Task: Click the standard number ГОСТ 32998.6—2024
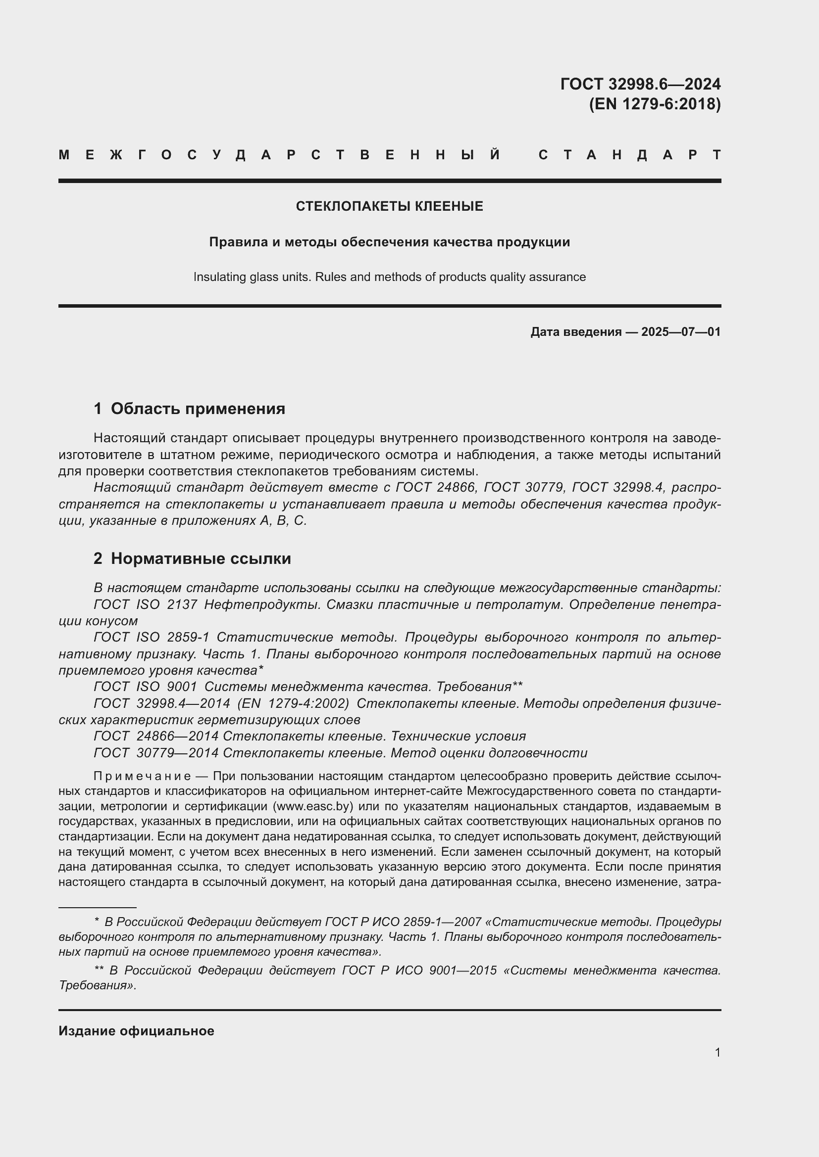point(640,84)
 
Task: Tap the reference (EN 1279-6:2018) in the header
point(655,104)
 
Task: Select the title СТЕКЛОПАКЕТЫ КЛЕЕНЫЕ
point(389,206)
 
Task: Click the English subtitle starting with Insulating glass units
point(389,277)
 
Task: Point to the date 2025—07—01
point(681,331)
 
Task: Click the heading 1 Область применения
point(190,409)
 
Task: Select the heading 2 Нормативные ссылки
point(192,559)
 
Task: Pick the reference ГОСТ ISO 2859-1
point(152,638)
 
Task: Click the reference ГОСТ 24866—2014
point(156,736)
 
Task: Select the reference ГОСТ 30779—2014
point(156,753)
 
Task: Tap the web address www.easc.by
point(312,806)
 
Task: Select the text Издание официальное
point(136,1031)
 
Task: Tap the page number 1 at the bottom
point(717,1053)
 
